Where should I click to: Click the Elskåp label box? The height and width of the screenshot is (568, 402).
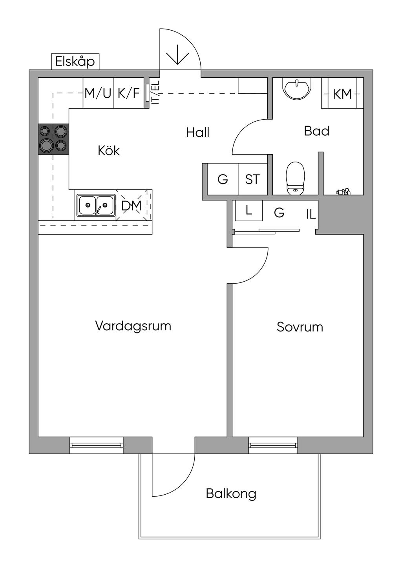[x=75, y=62]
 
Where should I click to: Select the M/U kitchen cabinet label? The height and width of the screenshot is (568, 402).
[x=98, y=93]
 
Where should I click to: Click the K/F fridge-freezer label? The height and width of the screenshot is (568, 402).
[x=129, y=93]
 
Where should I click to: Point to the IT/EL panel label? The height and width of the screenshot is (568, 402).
[x=155, y=93]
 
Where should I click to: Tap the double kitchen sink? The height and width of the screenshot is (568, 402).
[x=96, y=205]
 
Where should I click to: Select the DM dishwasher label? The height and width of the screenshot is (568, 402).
[x=131, y=206]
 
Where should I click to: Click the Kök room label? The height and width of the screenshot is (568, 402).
[x=109, y=151]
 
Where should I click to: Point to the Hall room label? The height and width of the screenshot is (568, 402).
[x=197, y=133]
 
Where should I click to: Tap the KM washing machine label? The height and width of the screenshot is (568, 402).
[x=342, y=94]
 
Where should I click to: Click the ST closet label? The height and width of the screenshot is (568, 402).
[x=252, y=179]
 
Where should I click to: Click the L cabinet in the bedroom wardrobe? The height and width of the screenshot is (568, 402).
[x=249, y=211]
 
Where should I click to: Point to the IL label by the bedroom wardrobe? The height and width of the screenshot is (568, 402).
[x=311, y=214]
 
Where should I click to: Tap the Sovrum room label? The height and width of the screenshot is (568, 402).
[x=300, y=327]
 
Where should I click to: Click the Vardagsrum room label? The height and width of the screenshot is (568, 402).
[x=133, y=326]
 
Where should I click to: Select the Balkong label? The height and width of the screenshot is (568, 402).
[x=231, y=493]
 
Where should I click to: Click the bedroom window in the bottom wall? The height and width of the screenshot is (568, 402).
[x=273, y=445]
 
